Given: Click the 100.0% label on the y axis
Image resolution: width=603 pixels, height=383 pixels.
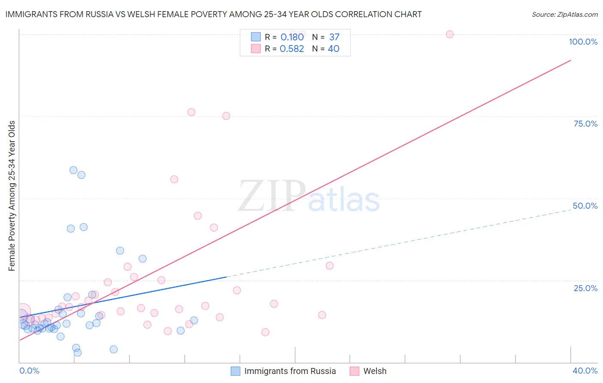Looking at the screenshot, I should tap(583, 42).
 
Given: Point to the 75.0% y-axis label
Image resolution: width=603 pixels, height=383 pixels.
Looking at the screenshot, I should tap(585, 124).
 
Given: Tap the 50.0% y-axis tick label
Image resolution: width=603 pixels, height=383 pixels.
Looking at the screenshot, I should tap(585, 206).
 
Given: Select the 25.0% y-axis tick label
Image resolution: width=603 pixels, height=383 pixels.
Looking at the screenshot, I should tap(585, 288).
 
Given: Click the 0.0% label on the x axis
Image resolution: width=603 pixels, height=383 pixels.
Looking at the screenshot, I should tap(29, 371).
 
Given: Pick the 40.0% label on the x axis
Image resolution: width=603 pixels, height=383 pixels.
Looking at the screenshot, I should tap(585, 371).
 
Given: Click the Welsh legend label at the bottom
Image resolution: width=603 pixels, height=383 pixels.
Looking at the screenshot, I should tap(374, 371).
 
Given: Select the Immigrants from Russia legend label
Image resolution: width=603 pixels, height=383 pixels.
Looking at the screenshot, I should tap(290, 371).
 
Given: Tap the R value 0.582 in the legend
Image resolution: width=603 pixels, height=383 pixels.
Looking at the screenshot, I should tap(292, 49).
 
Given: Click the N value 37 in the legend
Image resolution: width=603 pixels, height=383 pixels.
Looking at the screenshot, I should tap(334, 37).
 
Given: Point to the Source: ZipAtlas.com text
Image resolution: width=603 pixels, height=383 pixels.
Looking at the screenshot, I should tap(564, 15).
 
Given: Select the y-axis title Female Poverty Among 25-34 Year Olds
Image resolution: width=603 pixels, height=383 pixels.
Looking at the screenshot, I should tap(12, 196).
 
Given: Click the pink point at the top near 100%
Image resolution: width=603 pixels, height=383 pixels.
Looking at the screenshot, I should tap(449, 34).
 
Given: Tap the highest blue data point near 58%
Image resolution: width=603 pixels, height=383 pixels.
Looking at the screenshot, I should tap(73, 170).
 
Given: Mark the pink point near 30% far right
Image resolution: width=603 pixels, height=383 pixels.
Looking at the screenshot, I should tap(329, 266).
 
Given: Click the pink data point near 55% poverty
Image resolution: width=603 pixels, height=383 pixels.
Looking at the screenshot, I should tap(174, 179).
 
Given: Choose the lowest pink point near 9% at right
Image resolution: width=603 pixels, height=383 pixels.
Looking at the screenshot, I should tap(265, 332).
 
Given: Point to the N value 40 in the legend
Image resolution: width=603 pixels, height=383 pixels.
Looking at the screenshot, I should tap(333, 49).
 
